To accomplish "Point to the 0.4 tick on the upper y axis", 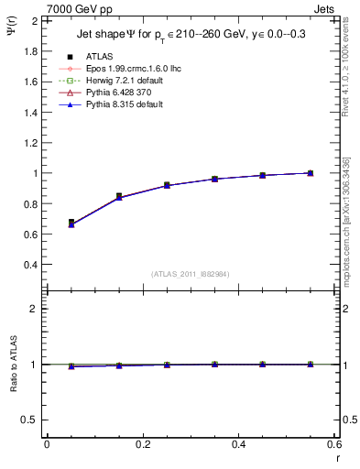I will pyautogui.click(x=31, y=265).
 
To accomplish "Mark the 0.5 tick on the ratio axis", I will pyautogui.click(x=31, y=420).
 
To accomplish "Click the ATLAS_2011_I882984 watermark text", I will pyautogui.click(x=190, y=273).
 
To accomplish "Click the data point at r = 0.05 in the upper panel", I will pyautogui.click(x=71, y=223).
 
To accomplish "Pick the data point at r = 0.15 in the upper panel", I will pyautogui.click(x=119, y=196).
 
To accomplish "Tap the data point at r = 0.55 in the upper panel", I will pyautogui.click(x=310, y=172).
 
